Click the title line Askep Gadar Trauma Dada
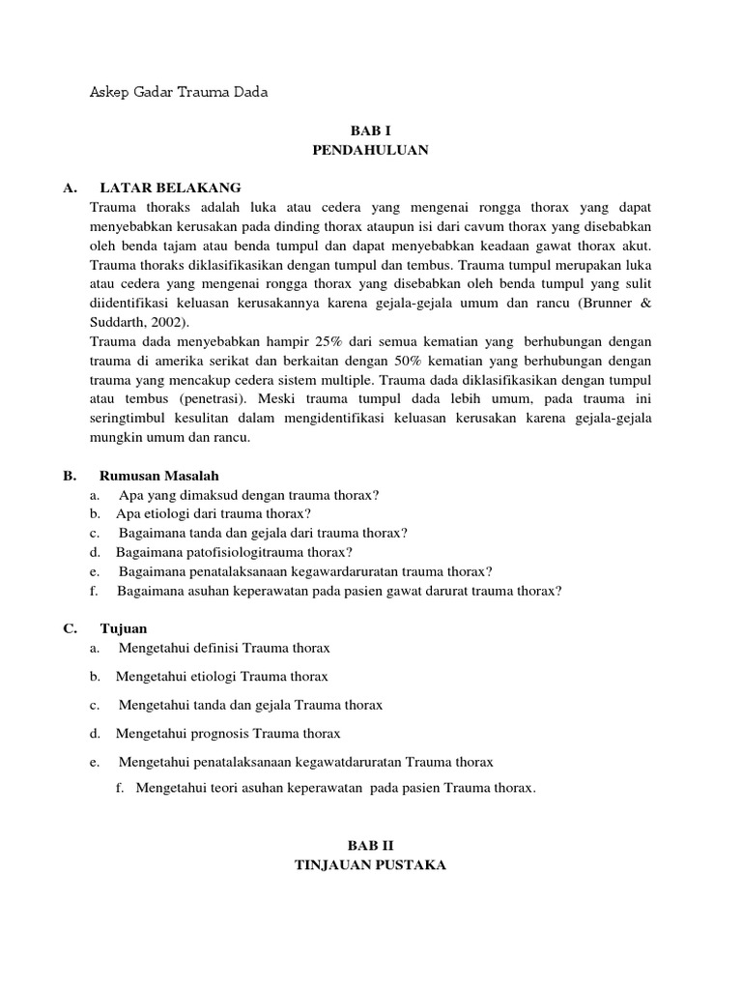click(x=178, y=93)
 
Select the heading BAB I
click(x=370, y=131)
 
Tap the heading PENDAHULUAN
click(x=370, y=150)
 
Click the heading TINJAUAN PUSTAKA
click(x=370, y=865)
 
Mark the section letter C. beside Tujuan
click(x=70, y=628)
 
